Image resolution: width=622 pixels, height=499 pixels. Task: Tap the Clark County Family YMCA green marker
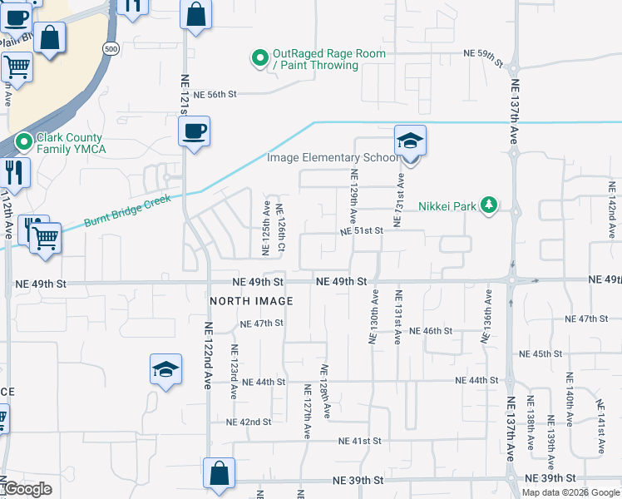[x=24, y=142]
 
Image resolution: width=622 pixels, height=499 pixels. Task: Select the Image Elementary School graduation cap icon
[x=410, y=141]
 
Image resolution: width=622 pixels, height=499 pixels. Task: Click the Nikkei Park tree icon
[x=490, y=205]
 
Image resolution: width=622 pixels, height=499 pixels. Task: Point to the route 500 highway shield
[x=111, y=50]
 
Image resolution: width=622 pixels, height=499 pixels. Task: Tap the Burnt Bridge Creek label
[x=127, y=211]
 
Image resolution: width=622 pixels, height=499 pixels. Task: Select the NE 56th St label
[x=215, y=95]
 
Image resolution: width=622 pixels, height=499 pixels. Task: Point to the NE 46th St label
[x=430, y=331]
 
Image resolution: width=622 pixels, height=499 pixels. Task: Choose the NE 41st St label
[x=359, y=440]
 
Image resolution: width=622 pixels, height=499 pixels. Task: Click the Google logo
[x=27, y=489]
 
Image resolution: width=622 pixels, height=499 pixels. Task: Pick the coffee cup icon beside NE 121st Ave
[x=194, y=131]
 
